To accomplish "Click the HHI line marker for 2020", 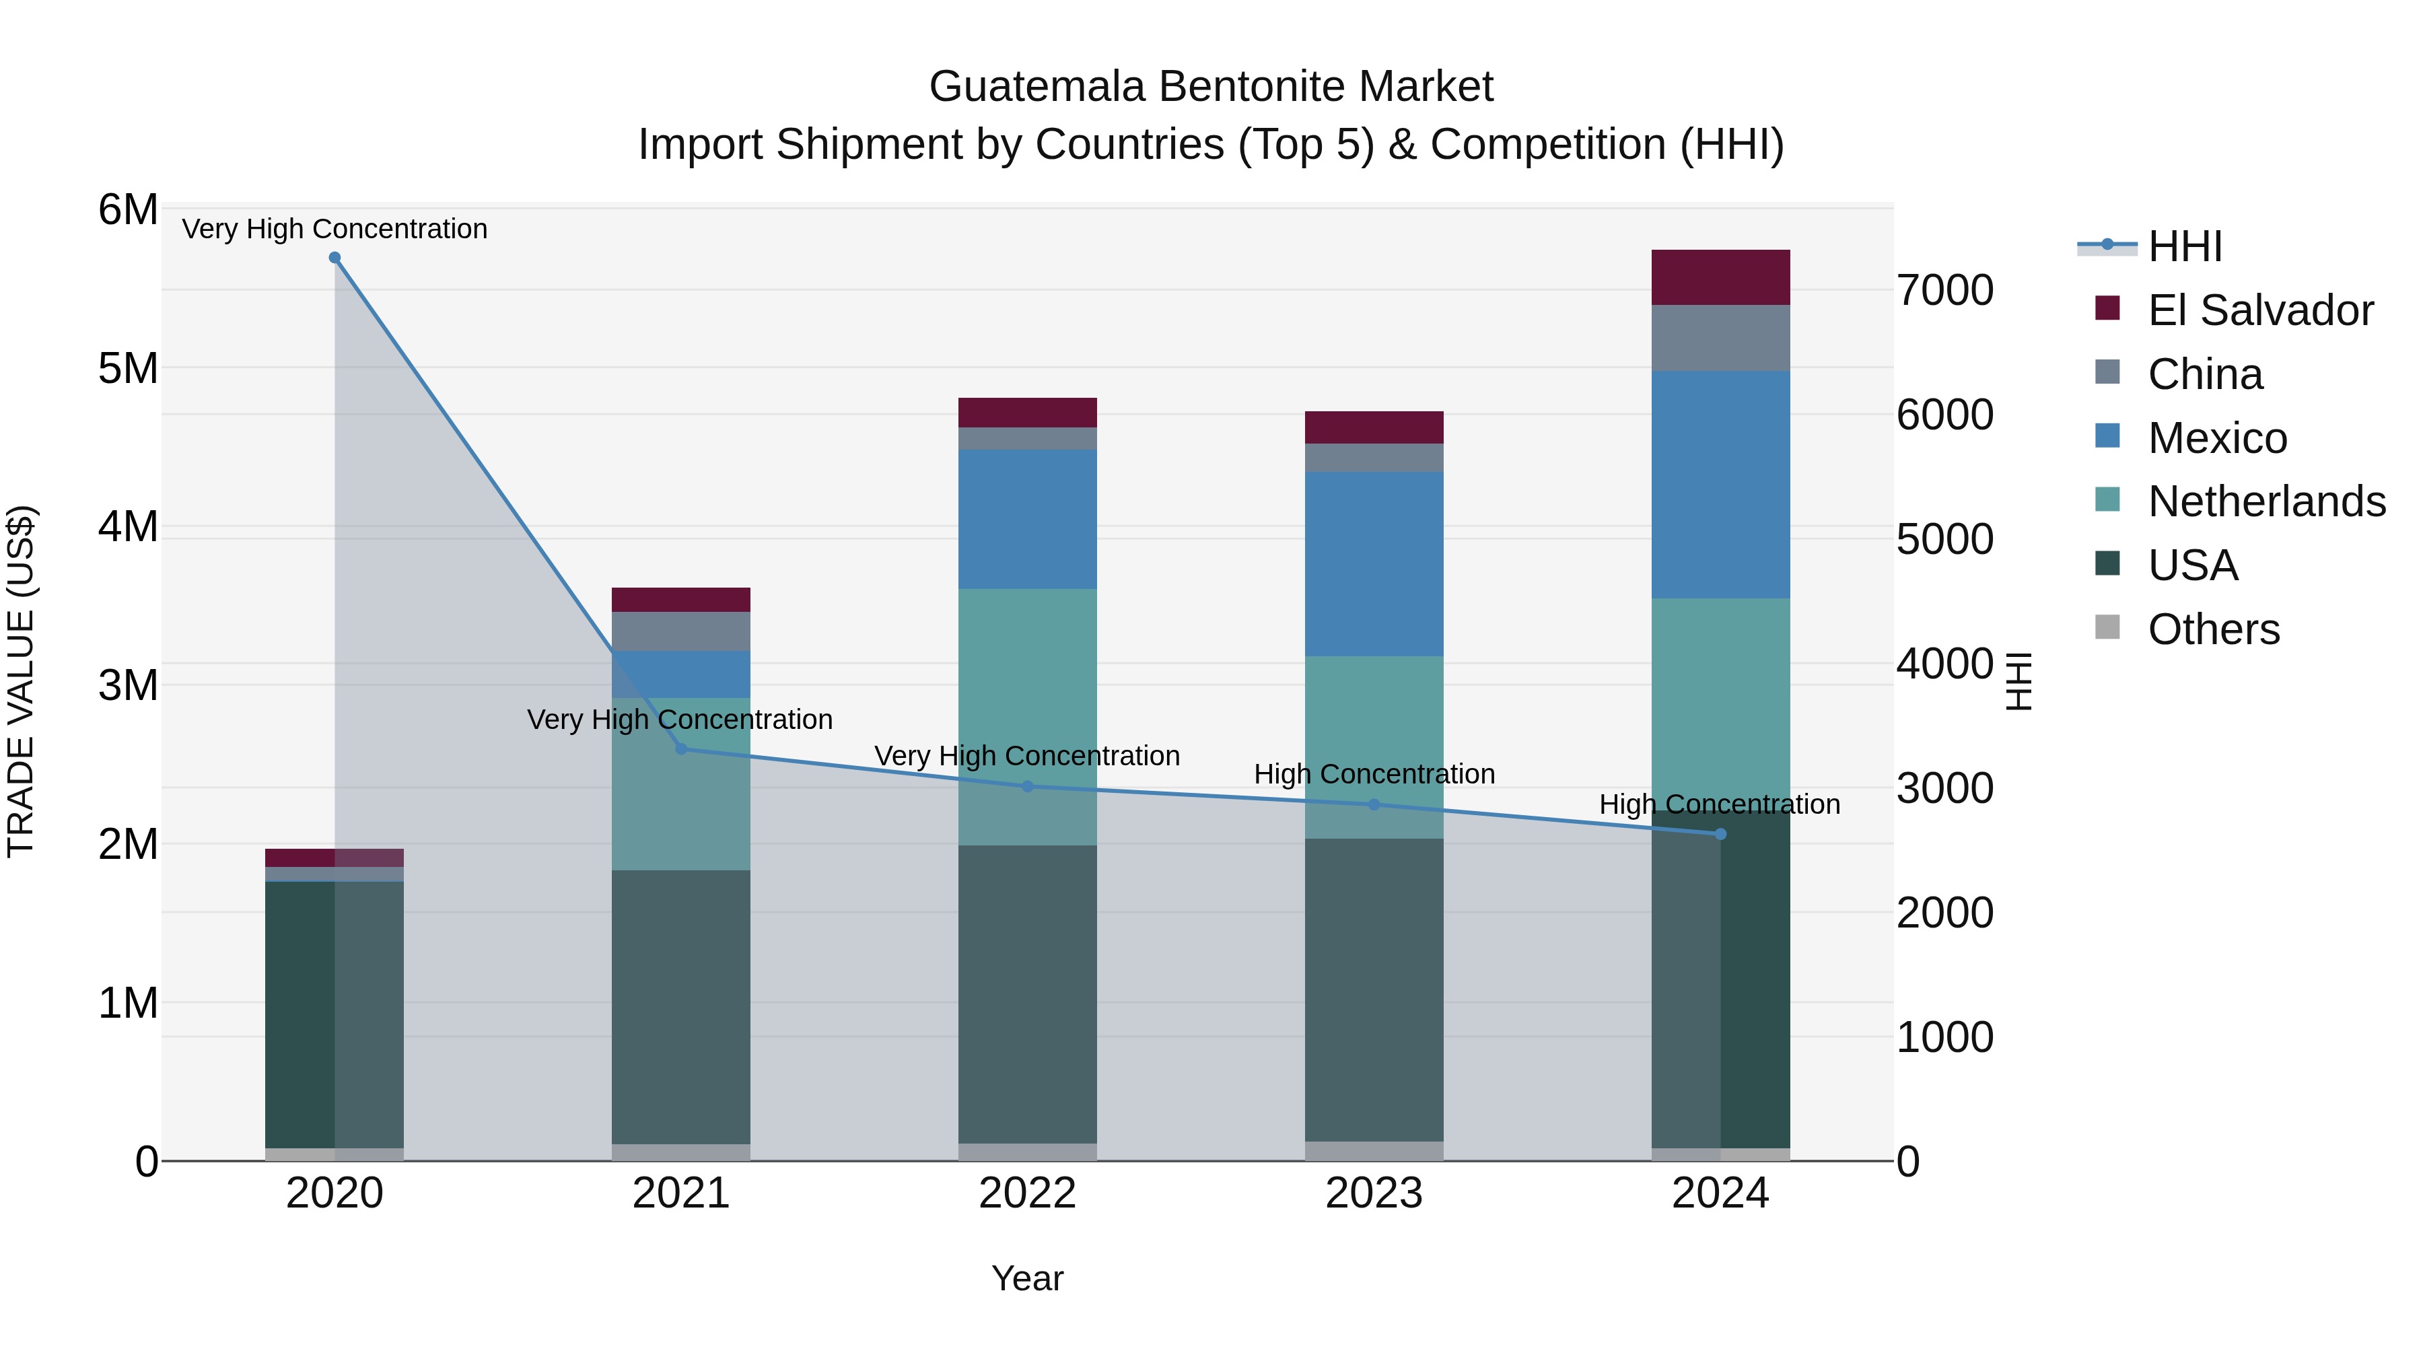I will (x=335, y=258).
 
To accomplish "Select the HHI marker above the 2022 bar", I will (x=1027, y=786).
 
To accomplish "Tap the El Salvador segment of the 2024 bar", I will (x=1720, y=277).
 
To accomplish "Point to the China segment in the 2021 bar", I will (x=681, y=631).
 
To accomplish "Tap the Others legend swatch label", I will (x=2213, y=629).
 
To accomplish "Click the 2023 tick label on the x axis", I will (x=1373, y=1193).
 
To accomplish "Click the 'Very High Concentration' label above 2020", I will (x=335, y=229).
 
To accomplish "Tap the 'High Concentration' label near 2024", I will (x=1720, y=804).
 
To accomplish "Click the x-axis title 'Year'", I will (x=1027, y=1278).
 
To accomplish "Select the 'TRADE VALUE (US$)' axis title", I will (x=21, y=682).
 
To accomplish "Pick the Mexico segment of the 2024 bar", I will (x=1720, y=485).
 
